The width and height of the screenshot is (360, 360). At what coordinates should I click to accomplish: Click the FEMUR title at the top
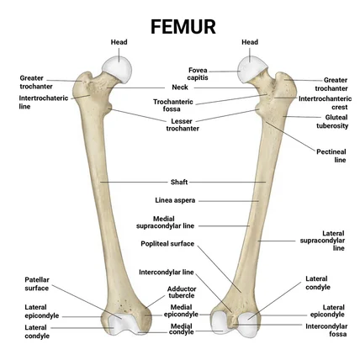tap(180, 24)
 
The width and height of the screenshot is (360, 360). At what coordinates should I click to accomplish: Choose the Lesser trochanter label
tap(183, 124)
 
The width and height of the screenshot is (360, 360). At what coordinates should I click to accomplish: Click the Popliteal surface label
tap(167, 243)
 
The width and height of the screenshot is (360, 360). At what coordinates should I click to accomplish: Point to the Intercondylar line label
tap(167, 272)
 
